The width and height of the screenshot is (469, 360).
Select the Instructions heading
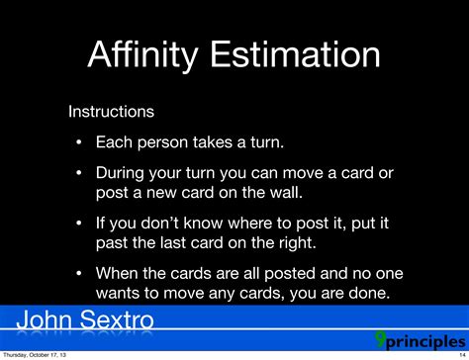pos(110,112)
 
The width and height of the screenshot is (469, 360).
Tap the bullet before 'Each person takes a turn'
pos(78,141)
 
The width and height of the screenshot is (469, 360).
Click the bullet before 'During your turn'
pos(78,172)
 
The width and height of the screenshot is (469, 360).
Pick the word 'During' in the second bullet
pos(122,172)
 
